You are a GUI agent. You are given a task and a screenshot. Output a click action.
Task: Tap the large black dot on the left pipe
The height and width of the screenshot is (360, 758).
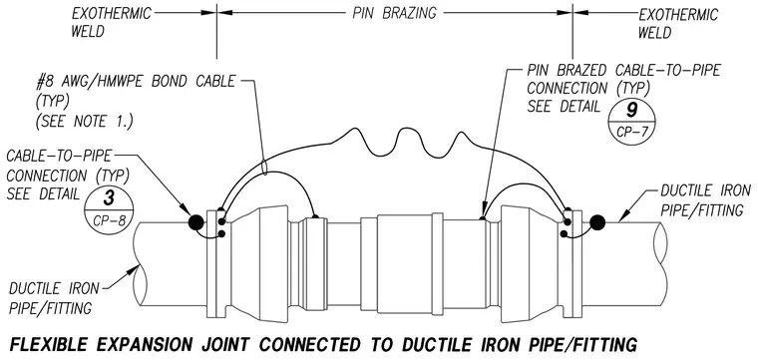click(195, 222)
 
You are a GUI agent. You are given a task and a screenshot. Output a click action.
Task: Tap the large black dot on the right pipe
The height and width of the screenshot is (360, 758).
click(597, 222)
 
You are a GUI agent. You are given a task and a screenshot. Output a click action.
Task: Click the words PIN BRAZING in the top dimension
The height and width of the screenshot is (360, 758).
click(394, 14)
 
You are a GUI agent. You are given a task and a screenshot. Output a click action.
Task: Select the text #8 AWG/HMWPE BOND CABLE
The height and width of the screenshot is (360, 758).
click(136, 81)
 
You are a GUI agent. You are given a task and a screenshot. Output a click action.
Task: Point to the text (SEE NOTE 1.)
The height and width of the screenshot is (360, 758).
click(84, 122)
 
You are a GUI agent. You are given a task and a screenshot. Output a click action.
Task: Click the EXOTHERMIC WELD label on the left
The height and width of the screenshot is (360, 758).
click(111, 22)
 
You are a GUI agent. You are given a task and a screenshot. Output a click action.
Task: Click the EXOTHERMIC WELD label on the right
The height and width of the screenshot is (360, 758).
click(678, 23)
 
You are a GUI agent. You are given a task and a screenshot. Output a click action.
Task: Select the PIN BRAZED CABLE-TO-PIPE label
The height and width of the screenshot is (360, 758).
click(623, 71)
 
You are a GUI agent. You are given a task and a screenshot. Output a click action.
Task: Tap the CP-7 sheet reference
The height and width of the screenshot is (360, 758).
click(631, 132)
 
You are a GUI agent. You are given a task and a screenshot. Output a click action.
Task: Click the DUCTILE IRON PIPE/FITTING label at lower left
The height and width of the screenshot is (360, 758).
click(53, 298)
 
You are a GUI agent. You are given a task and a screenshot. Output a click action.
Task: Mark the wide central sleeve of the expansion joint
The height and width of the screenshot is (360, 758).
click(404, 263)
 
